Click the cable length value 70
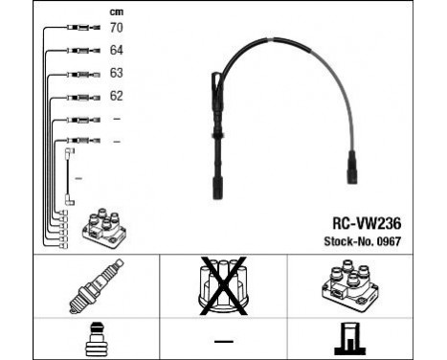click(117, 29)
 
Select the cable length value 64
click(117, 50)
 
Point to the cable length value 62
click(117, 95)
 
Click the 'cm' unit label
click(117, 11)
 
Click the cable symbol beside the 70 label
click(80, 30)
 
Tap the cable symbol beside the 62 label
click(78, 97)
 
